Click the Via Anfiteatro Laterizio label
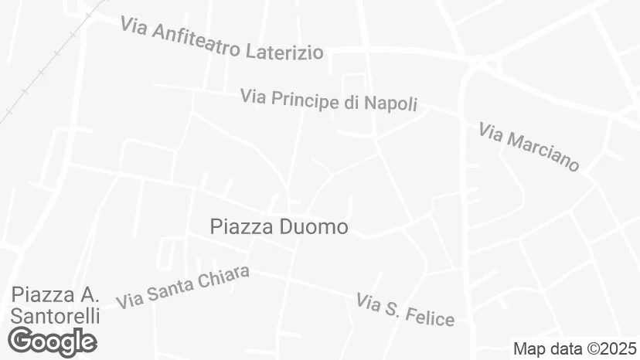click(x=221, y=39)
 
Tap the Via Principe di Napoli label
click(x=329, y=100)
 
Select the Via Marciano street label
click(x=529, y=147)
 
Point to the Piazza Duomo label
click(x=279, y=227)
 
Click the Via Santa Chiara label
click(x=183, y=287)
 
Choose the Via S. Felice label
click(x=405, y=309)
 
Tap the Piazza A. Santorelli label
click(x=56, y=305)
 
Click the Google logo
click(x=52, y=341)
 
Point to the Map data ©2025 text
click(x=575, y=348)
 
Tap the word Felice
click(x=429, y=314)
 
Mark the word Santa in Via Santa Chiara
click(x=171, y=290)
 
